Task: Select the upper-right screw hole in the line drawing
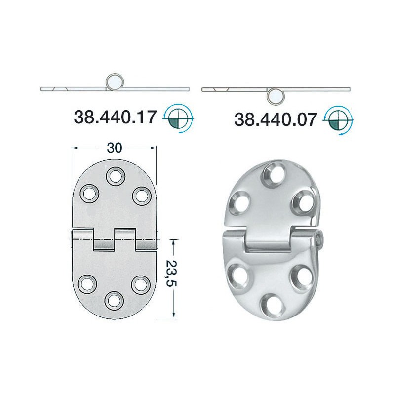(x=140, y=195)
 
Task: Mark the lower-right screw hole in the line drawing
(x=140, y=283)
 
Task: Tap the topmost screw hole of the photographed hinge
(x=272, y=173)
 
